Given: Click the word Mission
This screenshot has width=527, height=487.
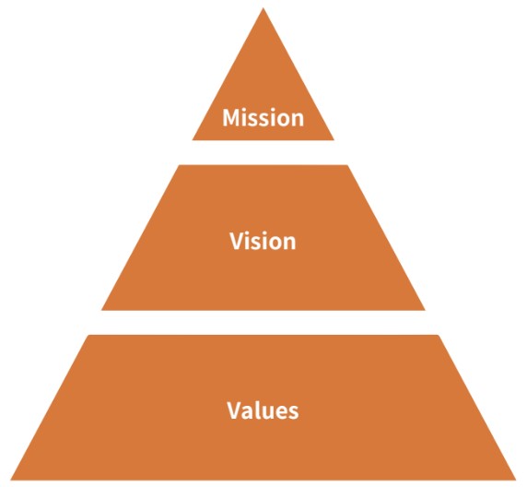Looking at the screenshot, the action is pyautogui.click(x=263, y=117).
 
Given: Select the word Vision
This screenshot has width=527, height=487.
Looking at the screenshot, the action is pyautogui.click(x=263, y=241).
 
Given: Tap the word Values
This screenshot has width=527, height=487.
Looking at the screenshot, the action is pyautogui.click(x=263, y=410).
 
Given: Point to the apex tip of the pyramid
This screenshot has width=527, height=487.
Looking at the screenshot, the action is pyautogui.click(x=263, y=7).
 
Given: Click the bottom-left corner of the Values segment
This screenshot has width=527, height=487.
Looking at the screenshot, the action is pyautogui.click(x=10, y=480).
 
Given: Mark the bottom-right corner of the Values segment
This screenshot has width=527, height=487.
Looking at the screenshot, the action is pyautogui.click(x=516, y=480).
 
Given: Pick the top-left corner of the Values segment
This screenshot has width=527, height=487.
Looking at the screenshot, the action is pyautogui.click(x=88, y=335).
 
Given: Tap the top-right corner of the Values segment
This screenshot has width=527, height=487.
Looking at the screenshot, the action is pyautogui.click(x=438, y=335).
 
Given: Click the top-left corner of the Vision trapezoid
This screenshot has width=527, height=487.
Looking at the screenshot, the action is pyautogui.click(x=179, y=165).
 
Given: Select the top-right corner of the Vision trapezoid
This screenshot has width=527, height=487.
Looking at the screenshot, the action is pyautogui.click(x=347, y=165).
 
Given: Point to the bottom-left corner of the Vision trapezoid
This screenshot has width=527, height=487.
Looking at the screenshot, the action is pyautogui.click(x=101, y=310).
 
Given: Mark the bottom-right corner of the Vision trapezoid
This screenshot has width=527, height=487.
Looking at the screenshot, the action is pyautogui.click(x=425, y=310).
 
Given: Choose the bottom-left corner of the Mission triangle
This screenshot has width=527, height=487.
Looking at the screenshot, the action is pyautogui.click(x=193, y=140).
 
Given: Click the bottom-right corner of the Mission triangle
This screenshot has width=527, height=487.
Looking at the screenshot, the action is pyautogui.click(x=334, y=140).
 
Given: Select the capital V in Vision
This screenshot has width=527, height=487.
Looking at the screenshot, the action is pyautogui.click(x=238, y=241).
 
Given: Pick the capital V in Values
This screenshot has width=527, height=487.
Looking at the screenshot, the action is pyautogui.click(x=235, y=410).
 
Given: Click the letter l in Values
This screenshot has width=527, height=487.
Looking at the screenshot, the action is pyautogui.click(x=258, y=410).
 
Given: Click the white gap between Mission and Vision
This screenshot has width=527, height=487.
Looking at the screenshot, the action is pyautogui.click(x=263, y=152).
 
